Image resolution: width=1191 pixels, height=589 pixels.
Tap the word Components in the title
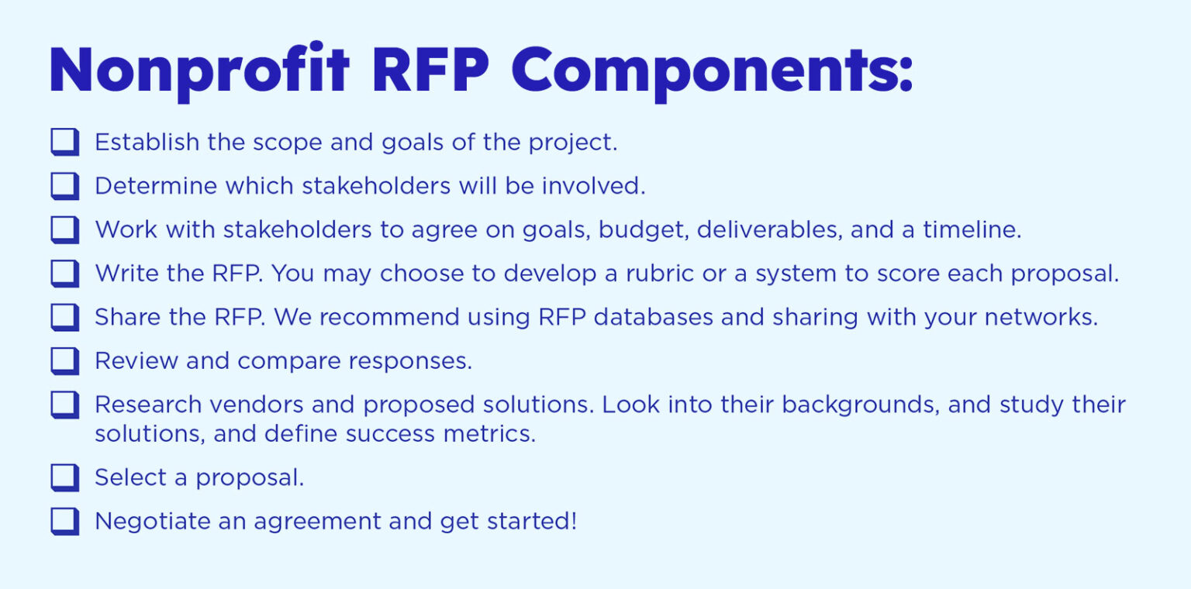pyautogui.click(x=712, y=73)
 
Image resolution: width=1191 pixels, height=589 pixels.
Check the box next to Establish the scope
pyautogui.click(x=65, y=142)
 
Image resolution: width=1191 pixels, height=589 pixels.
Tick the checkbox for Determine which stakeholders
pyautogui.click(x=65, y=186)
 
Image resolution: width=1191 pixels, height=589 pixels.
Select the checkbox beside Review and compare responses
pyautogui.click(x=65, y=361)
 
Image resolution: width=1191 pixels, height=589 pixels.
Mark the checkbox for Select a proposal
pyautogui.click(x=65, y=477)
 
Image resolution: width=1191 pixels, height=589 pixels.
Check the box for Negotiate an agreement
pyautogui.click(x=65, y=521)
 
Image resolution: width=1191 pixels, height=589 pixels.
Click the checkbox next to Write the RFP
pyautogui.click(x=65, y=274)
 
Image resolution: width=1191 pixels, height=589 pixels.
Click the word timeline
pyautogui.click(x=972, y=229)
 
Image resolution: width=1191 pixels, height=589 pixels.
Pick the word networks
pyautogui.click(x=1041, y=317)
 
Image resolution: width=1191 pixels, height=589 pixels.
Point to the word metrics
pyautogui.click(x=489, y=434)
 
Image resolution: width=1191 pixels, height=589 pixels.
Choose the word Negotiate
pyautogui.click(x=153, y=522)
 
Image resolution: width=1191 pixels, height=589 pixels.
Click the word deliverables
pyautogui.click(x=769, y=229)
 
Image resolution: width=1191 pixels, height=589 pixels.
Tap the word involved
pyautogui.click(x=593, y=186)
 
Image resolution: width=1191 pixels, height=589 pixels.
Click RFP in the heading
pyautogui.click(x=430, y=71)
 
